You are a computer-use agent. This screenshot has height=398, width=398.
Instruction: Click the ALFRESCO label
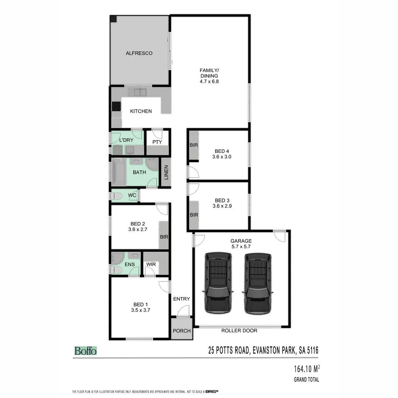pyautogui.click(x=139, y=53)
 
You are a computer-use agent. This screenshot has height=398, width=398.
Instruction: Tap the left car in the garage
pyautogui.click(x=218, y=283)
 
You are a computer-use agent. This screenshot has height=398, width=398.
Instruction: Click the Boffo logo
pyautogui.click(x=85, y=351)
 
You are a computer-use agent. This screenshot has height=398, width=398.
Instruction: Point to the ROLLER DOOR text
pyautogui.click(x=239, y=331)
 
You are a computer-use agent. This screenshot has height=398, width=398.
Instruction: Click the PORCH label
pyautogui.click(x=182, y=331)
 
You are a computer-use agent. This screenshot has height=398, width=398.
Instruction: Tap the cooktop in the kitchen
pyautogui.click(x=116, y=106)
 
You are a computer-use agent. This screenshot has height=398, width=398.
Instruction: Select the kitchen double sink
pyautogui.click(x=140, y=92)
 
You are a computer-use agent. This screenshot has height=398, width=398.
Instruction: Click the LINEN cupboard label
pyautogui.click(x=166, y=172)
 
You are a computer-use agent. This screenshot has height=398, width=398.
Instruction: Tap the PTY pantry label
pyautogui.click(x=157, y=142)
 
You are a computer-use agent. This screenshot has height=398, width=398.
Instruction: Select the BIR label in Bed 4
pyautogui.click(x=194, y=145)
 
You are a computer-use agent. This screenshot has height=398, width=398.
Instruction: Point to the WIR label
pyautogui.click(x=151, y=265)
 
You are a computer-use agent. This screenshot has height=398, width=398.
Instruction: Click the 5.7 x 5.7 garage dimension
pyautogui.click(x=241, y=247)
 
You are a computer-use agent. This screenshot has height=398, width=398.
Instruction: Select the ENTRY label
pyautogui.click(x=181, y=299)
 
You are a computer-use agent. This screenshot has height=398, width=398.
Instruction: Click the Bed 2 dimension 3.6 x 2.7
pyautogui.click(x=138, y=230)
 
